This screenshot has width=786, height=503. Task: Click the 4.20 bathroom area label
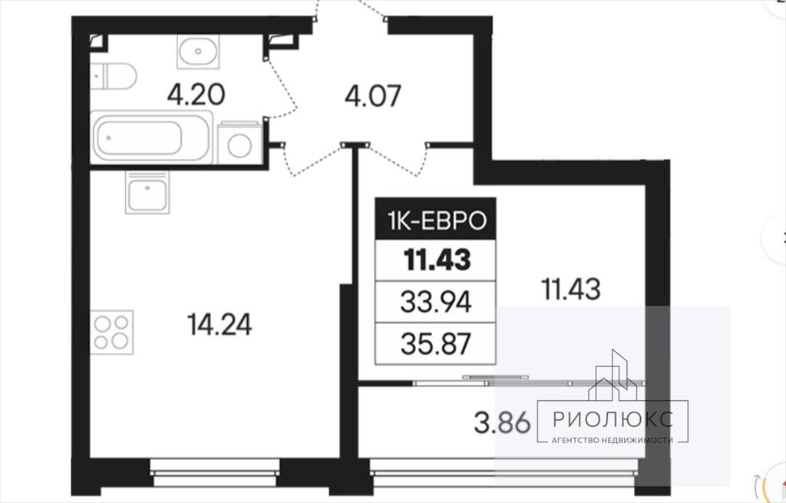click(x=196, y=94)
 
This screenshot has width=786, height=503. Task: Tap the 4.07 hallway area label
click(x=373, y=96)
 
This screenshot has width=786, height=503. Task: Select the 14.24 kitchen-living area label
click(x=219, y=325)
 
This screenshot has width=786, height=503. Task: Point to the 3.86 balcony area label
click(x=502, y=422)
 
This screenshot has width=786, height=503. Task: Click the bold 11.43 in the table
click(x=438, y=260)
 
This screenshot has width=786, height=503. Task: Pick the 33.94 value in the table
click(x=436, y=303)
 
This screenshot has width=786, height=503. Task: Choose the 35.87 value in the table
click(x=436, y=344)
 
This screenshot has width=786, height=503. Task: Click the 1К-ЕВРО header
click(x=436, y=220)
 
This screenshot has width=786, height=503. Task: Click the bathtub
click(x=151, y=137)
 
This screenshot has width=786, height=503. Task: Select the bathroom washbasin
click(x=198, y=51)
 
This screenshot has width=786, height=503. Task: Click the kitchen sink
click(x=147, y=193)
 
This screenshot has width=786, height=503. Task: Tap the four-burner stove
click(x=112, y=333)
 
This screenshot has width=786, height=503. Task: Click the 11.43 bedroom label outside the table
click(x=570, y=290)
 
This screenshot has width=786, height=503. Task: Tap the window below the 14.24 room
click(x=215, y=472)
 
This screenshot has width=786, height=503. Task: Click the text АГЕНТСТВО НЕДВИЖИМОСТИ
click(x=612, y=440)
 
